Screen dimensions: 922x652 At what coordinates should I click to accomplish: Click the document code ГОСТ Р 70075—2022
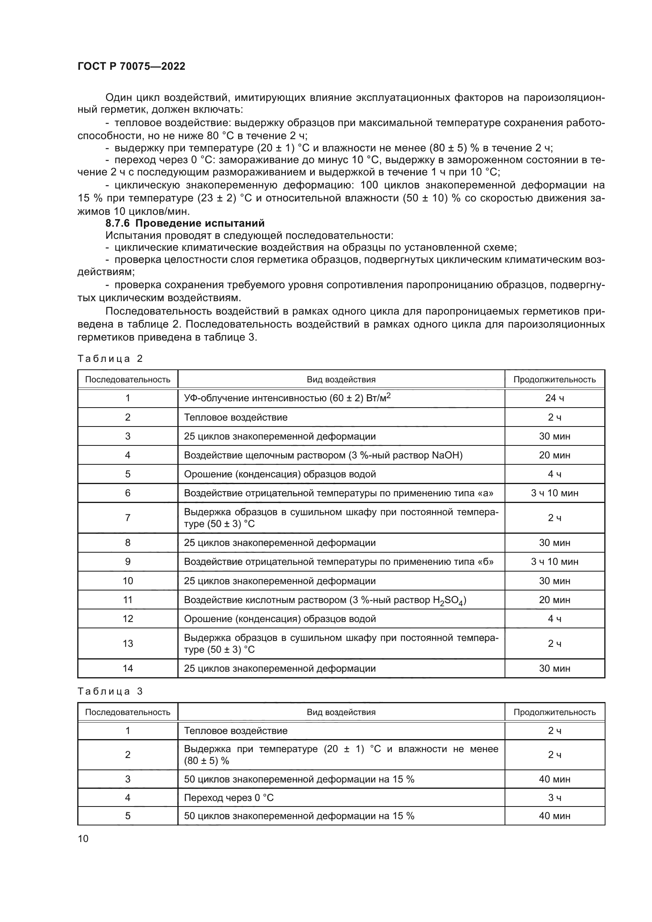coord(131,66)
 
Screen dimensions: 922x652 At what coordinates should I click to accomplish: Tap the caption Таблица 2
coord(110,359)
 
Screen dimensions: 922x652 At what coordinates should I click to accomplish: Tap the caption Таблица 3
coord(110,691)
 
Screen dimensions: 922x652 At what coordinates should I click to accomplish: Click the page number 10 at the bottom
coord(83,838)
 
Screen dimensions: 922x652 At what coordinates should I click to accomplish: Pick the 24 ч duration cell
coord(555,398)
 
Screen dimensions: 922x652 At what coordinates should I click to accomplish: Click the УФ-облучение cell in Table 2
coord(287,398)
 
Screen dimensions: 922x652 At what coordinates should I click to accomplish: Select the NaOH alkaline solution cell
coord(323,455)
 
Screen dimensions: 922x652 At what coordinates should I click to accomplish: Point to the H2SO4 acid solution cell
coord(325,600)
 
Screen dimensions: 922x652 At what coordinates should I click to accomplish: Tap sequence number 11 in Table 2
coord(128,600)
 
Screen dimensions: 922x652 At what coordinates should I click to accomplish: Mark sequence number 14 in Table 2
coord(128,668)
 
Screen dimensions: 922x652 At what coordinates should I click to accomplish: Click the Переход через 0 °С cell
coord(229,797)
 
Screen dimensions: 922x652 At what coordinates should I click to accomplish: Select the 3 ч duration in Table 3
coord(555,797)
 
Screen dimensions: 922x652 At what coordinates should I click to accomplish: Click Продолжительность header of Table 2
coord(555,380)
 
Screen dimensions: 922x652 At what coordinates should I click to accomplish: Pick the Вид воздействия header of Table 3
coord(341,712)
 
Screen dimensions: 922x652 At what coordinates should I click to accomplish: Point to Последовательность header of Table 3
coord(128,712)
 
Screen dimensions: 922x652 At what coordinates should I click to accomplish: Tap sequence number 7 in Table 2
coord(128,518)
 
